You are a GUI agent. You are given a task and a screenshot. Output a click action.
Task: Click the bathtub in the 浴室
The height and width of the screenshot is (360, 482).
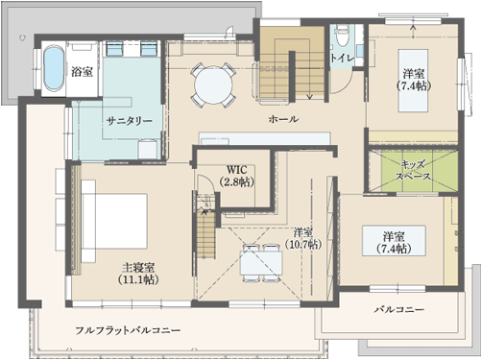[54, 69]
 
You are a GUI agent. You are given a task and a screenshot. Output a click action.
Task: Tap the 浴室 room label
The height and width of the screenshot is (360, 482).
[82, 71]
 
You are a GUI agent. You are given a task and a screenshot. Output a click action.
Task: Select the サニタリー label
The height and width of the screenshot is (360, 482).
[129, 121]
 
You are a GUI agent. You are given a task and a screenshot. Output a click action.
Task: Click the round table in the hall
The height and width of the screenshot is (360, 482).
[213, 84]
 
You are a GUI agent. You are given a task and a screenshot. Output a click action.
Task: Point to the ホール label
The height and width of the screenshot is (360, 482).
[283, 119]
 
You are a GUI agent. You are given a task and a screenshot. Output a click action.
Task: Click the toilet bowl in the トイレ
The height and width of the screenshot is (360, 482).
[341, 36]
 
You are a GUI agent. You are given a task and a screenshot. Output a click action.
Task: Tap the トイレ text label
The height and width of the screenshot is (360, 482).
[343, 59]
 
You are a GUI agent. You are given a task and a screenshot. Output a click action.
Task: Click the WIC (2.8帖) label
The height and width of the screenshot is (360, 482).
[237, 176]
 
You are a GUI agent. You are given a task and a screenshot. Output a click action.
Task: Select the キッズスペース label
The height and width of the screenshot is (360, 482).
[413, 171]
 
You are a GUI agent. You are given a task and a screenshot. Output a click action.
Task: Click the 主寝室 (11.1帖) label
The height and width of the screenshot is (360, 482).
[138, 273]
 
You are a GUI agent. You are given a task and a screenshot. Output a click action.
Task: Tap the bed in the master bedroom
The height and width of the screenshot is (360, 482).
[114, 221]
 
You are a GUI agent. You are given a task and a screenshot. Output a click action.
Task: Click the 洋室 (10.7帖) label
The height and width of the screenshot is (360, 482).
[302, 238]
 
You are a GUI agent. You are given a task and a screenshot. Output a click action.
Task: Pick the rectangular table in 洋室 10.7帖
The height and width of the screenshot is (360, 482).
[261, 263]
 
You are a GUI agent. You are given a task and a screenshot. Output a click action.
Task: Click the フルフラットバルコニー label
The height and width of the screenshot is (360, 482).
[128, 330]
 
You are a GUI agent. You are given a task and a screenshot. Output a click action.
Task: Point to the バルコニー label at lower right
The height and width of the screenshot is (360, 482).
[399, 309]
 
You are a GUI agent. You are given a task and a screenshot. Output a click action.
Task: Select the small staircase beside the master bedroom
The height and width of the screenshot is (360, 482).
[205, 230]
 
